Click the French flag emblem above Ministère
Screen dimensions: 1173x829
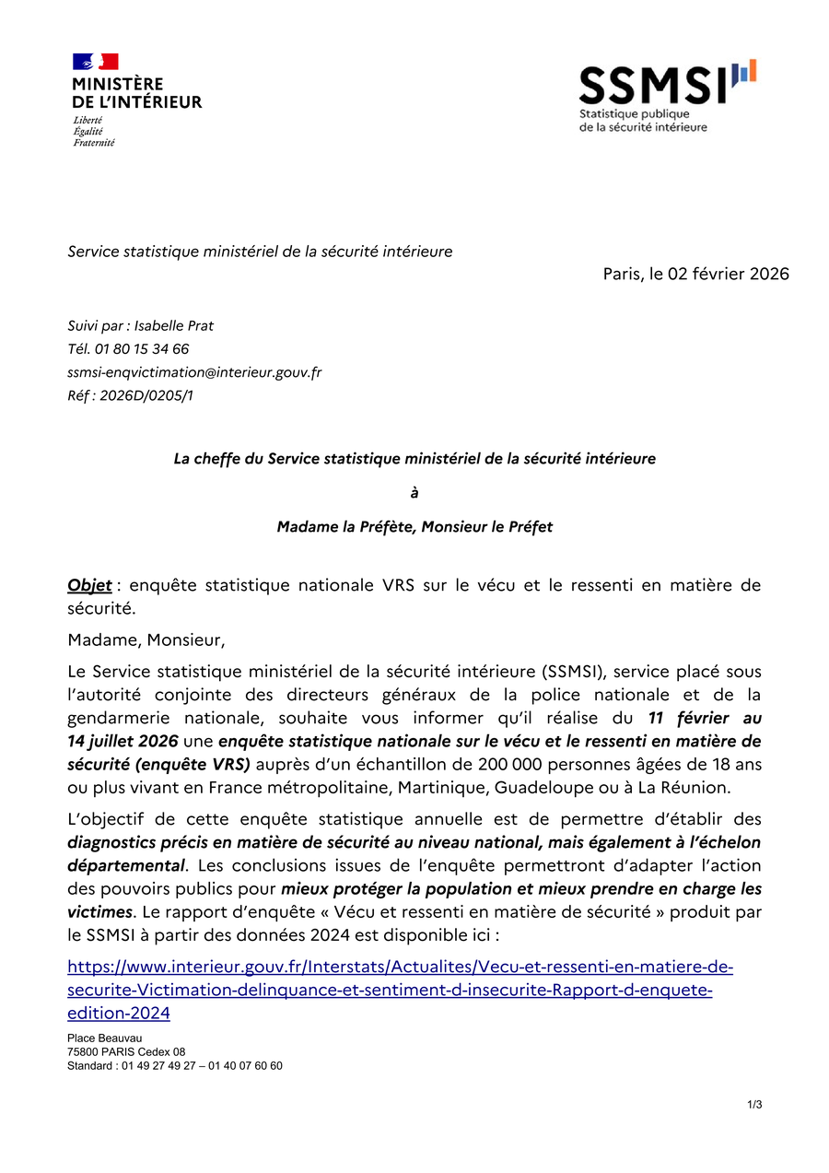(x=95, y=62)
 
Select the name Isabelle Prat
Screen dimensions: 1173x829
(x=174, y=325)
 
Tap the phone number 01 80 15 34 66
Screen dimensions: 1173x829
(x=141, y=349)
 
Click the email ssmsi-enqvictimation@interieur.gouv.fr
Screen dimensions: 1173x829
(x=194, y=372)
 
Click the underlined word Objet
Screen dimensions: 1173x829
(x=89, y=585)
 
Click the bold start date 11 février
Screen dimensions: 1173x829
(x=705, y=717)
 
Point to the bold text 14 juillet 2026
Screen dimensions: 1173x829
(x=123, y=741)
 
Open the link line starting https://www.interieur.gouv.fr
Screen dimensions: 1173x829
(x=401, y=968)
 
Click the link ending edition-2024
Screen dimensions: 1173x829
(x=119, y=1014)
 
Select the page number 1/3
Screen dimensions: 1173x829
(x=755, y=1105)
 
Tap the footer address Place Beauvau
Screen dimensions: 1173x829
(x=104, y=1038)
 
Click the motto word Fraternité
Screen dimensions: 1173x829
(x=94, y=143)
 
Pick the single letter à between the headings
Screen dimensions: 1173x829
(x=414, y=493)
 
